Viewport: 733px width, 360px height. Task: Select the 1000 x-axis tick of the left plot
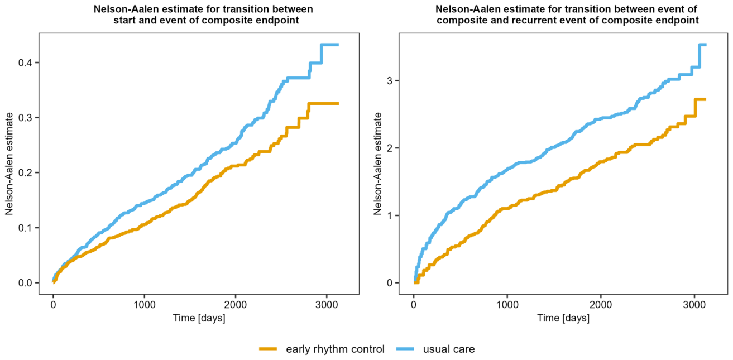[x=144, y=305]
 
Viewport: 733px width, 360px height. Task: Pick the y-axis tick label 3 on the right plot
[x=390, y=81]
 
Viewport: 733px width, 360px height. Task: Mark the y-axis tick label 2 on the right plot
[x=390, y=148]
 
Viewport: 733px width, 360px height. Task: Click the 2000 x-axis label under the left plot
[x=235, y=305]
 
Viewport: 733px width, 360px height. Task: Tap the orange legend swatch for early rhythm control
[x=268, y=349]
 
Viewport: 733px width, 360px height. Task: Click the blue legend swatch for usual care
[x=405, y=349]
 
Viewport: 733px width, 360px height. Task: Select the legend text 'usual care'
[x=449, y=349]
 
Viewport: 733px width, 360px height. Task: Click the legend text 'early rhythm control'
[x=335, y=349]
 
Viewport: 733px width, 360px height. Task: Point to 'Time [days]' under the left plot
[x=199, y=318]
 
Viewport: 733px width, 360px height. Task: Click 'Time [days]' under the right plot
[x=563, y=318]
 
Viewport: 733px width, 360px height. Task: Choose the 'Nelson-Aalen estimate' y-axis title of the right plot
[x=378, y=164]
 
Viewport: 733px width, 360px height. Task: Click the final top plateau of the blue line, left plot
[x=330, y=45]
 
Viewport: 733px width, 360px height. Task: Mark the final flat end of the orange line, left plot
[x=323, y=104]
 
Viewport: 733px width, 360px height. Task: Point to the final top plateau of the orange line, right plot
[x=701, y=99]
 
